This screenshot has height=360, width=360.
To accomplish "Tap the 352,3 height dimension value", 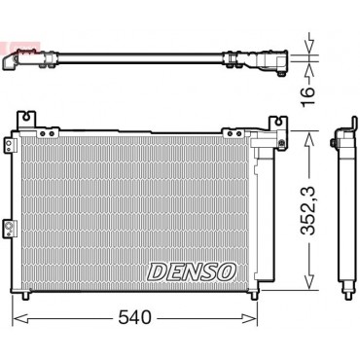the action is (307, 211).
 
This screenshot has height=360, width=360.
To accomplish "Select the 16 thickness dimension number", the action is (307, 96).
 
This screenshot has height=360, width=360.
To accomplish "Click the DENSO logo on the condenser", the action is (192, 271).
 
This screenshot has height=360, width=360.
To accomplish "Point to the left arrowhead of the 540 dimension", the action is (20, 318).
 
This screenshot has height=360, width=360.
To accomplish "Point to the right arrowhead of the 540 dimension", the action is (250, 318).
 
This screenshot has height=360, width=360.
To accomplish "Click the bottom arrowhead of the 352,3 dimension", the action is (308, 281).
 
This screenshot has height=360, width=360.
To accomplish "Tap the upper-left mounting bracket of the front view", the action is (26, 120).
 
